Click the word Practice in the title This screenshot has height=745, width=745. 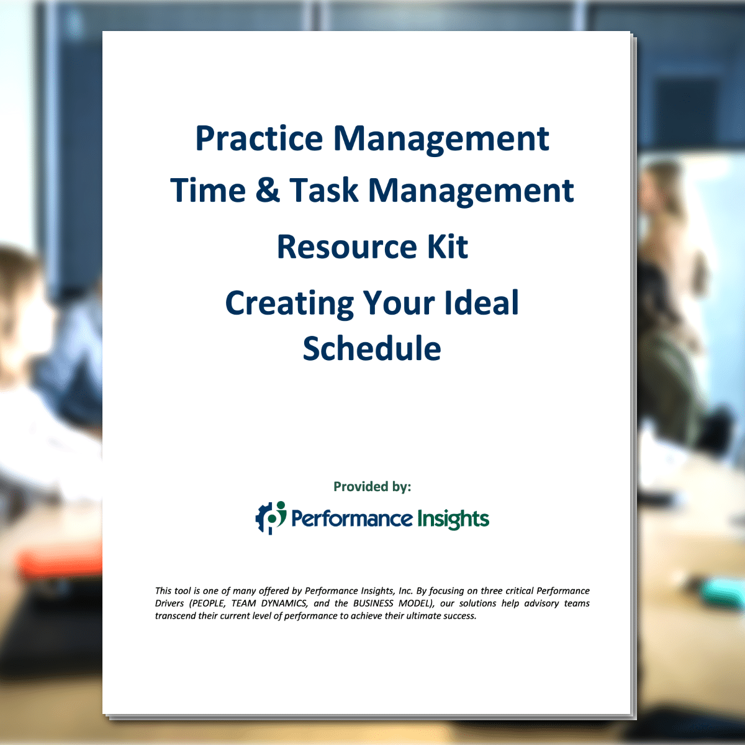tap(259, 138)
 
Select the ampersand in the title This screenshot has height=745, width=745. tap(268, 189)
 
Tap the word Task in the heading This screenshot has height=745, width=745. tap(324, 190)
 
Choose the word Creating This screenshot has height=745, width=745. tap(289, 304)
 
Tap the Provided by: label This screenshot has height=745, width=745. tap(372, 487)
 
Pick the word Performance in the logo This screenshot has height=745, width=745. tap(352, 519)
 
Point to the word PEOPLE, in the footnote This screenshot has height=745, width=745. tap(207, 603)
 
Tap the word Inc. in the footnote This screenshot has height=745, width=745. tap(406, 591)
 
